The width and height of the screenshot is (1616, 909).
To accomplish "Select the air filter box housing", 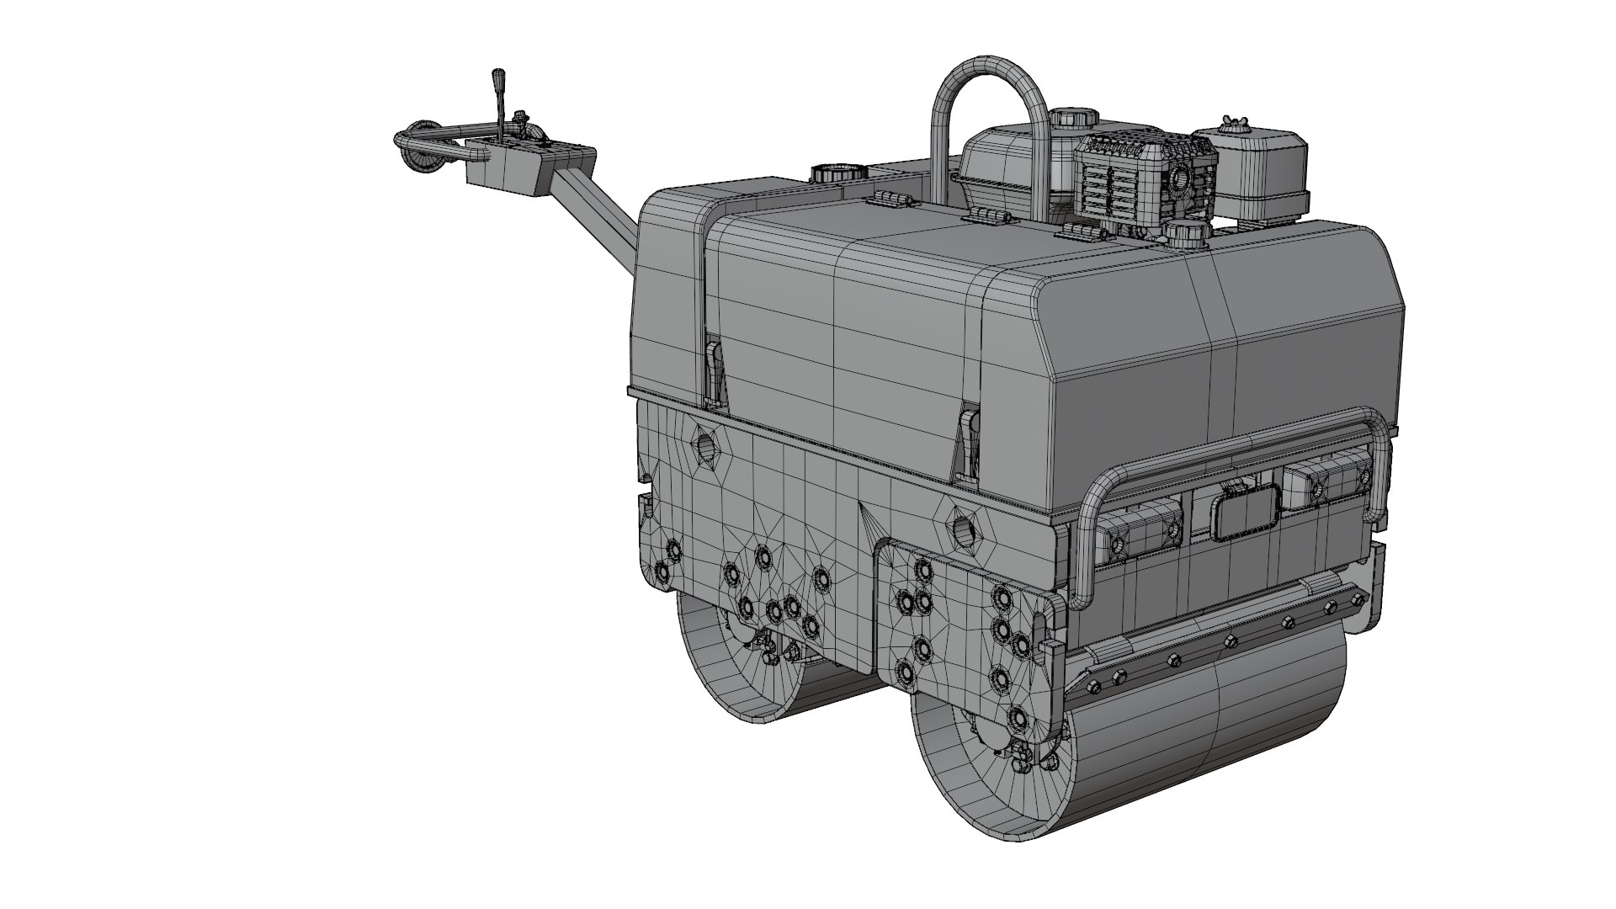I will pyautogui.click(x=1254, y=173).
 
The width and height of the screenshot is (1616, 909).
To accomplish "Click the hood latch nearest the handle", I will pyautogui.click(x=715, y=370).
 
